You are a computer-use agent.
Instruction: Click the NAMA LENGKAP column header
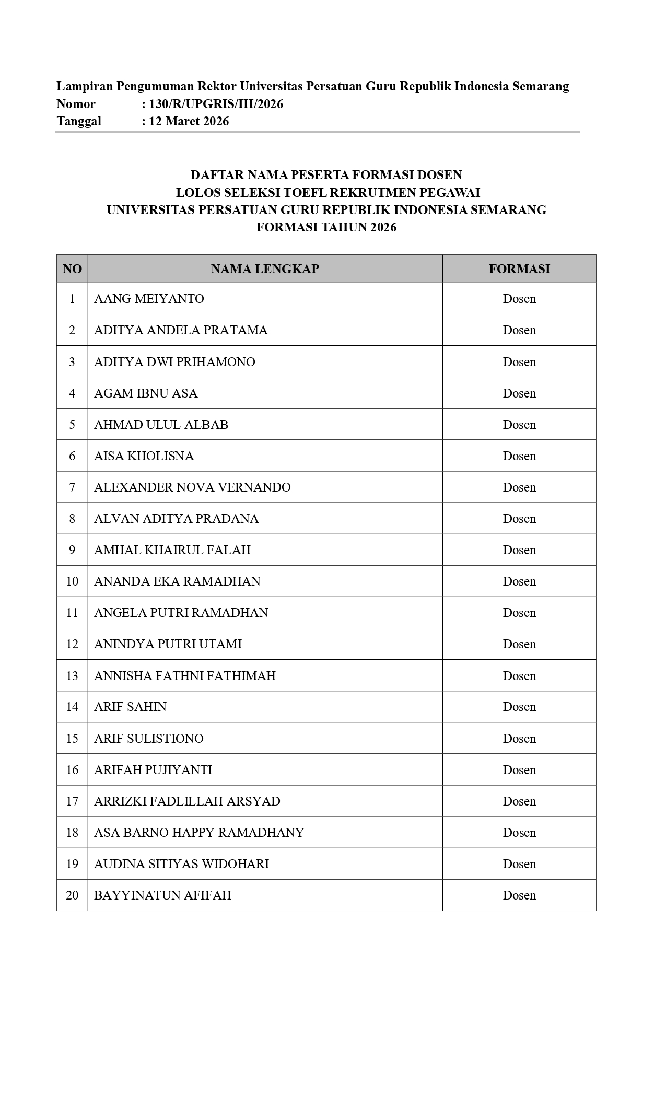click(265, 269)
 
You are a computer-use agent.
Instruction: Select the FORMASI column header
click(519, 269)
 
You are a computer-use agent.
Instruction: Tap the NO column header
click(72, 269)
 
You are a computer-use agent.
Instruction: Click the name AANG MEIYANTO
click(149, 299)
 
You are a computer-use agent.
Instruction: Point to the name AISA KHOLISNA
click(144, 456)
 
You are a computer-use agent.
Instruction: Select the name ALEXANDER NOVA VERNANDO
click(192, 487)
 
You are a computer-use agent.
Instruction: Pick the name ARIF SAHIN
click(130, 707)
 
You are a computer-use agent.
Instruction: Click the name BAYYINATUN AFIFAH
click(162, 895)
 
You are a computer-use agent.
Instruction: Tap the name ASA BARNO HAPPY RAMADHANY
click(199, 833)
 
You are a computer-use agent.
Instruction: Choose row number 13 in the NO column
click(72, 676)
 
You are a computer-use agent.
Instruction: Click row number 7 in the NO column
click(72, 487)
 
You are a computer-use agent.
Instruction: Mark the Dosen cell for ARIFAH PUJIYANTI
click(519, 770)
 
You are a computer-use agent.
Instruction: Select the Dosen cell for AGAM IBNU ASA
click(519, 393)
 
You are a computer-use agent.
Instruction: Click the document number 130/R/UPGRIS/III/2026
click(216, 104)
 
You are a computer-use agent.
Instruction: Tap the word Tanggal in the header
click(79, 121)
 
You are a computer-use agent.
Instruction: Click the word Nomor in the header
click(76, 104)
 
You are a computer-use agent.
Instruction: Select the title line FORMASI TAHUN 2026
click(326, 227)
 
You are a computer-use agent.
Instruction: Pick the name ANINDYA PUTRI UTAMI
click(168, 644)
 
